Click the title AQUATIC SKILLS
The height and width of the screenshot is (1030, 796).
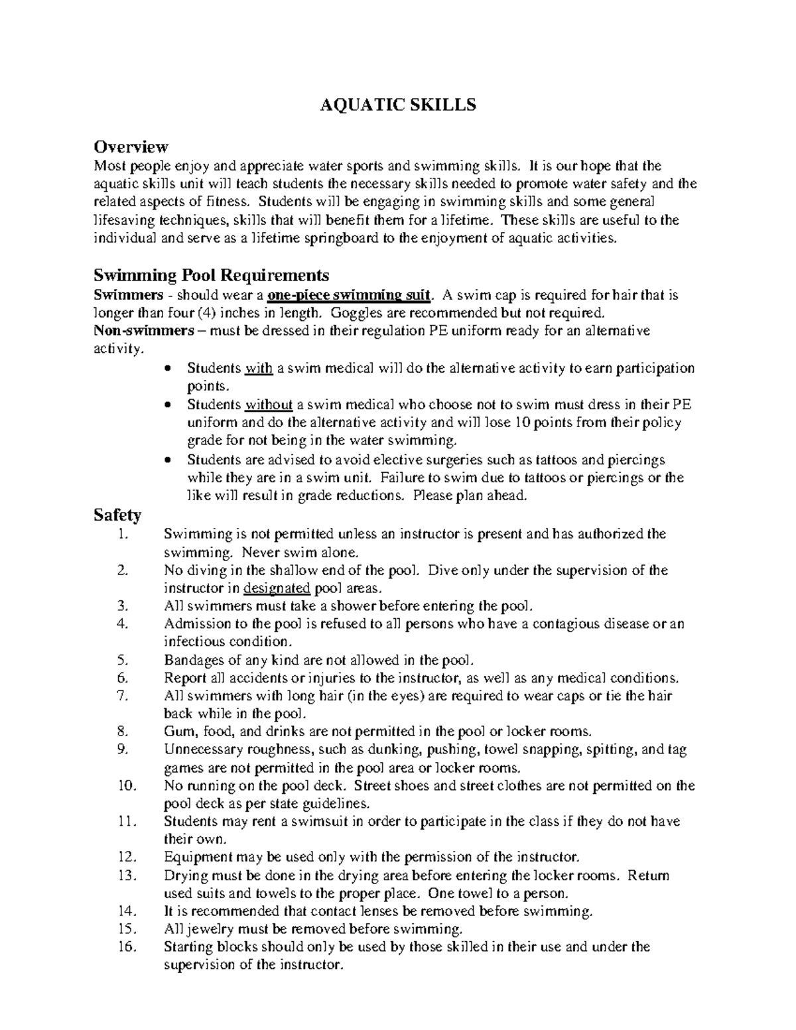click(398, 105)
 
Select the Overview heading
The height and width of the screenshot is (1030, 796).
click(131, 146)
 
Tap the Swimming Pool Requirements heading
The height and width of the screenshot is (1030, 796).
click(211, 275)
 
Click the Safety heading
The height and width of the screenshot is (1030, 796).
click(117, 515)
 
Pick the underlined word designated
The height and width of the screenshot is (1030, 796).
click(277, 588)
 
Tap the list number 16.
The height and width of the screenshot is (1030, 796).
click(125, 946)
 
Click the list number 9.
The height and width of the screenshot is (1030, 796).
click(121, 749)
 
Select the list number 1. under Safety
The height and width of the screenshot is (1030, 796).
click(119, 534)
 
